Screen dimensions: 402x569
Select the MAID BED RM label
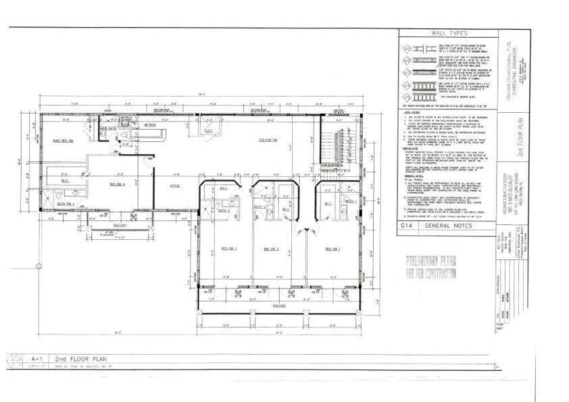tap(64, 141)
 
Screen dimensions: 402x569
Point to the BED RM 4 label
tap(118, 184)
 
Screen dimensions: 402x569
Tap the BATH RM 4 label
tap(66, 203)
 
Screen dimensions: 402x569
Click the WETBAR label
tap(150, 125)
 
